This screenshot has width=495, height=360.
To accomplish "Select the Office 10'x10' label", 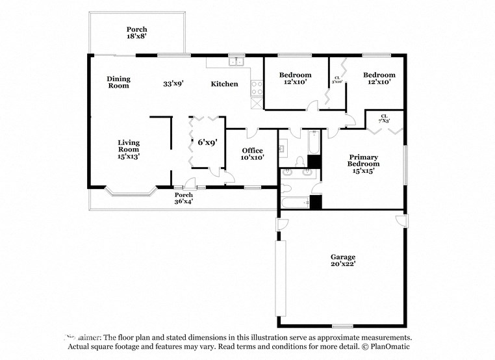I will [x=252, y=154].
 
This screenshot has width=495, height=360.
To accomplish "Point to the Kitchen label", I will [x=224, y=84].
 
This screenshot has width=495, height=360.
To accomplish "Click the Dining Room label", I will [x=118, y=82].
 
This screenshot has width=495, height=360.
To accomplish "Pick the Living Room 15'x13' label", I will [x=128, y=149].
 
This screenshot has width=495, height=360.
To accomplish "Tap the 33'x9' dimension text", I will [x=173, y=84].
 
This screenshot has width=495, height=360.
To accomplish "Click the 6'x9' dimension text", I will [x=207, y=141].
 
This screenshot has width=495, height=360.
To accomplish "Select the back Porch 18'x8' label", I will [x=136, y=33].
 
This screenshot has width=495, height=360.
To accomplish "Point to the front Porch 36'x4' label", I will [x=184, y=198].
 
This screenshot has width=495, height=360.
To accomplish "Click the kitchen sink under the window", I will [x=236, y=62].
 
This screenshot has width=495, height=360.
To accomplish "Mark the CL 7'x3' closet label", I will [x=385, y=118].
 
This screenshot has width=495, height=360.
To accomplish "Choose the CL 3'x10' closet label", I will [x=337, y=80].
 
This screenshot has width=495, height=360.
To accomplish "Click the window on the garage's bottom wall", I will [x=342, y=326].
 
